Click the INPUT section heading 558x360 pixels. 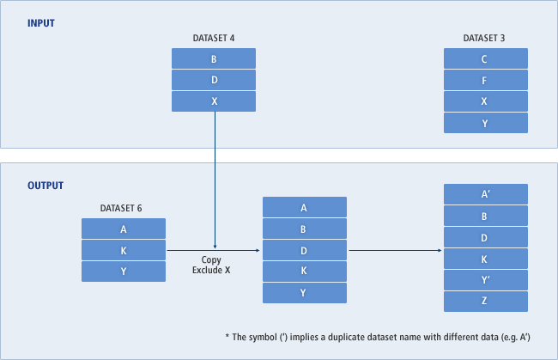tap(41, 23)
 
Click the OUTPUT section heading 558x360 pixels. tap(45, 186)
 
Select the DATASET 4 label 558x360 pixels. tap(214, 39)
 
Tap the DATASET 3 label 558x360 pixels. tap(485, 39)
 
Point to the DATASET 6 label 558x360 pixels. tap(124, 208)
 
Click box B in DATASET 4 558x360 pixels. tap(214, 59)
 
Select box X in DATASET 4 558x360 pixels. tap(214, 101)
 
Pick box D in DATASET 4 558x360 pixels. tap(214, 81)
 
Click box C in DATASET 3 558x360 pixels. tap(485, 59)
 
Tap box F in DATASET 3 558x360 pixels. tap(485, 81)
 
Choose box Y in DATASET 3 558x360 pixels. tap(485, 123)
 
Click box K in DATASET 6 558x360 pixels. tap(124, 250)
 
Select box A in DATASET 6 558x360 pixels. tap(124, 229)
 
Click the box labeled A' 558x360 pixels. tap(485, 195)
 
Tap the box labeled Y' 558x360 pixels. tap(485, 280)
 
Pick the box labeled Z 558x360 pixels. tap(485, 302)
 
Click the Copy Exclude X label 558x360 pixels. tap(211, 265)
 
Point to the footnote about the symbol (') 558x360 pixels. tap(381, 337)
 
